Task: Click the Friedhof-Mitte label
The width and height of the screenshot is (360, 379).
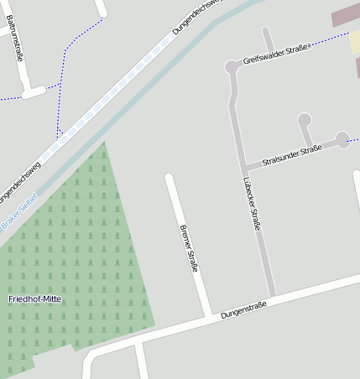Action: point(35,299)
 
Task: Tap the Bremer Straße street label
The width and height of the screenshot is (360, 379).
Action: point(188,248)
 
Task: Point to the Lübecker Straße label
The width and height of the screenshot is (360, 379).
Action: point(252,202)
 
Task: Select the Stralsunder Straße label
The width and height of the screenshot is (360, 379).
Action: point(292,155)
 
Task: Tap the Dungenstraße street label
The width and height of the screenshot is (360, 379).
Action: point(243,310)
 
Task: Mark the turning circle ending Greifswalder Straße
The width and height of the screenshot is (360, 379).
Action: point(232,66)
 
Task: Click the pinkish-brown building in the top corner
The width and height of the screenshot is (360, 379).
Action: point(344,16)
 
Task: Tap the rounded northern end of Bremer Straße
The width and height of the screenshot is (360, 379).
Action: point(170,179)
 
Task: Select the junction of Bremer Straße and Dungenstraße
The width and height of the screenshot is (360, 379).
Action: point(207,317)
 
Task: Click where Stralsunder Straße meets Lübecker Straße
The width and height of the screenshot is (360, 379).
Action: point(244,165)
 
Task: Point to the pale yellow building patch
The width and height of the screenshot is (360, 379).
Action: point(355,42)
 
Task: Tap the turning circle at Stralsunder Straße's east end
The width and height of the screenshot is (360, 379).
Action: point(342,138)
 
